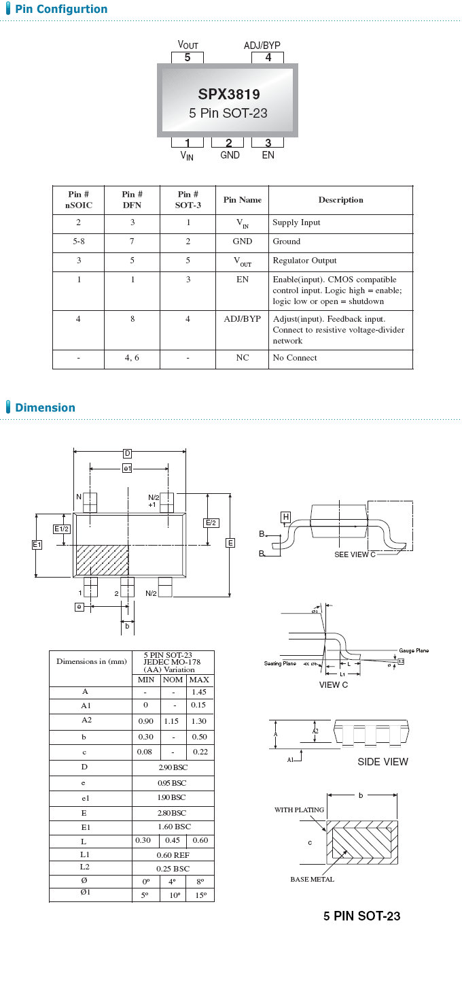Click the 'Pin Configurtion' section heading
[x=61, y=10]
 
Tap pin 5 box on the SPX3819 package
[x=188, y=58]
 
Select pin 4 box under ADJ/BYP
[x=268, y=58]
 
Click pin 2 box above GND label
[x=228, y=143]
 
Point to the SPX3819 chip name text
[x=228, y=95]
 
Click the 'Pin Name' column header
[x=242, y=200]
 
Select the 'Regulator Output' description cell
[x=304, y=261]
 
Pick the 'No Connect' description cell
[x=295, y=358]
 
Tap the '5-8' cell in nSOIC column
[x=78, y=242]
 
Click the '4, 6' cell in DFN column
[x=132, y=358]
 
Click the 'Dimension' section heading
[x=45, y=408]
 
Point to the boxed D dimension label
[x=127, y=454]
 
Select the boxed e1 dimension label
[x=127, y=468]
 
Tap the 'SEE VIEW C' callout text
[x=355, y=554]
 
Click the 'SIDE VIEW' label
[x=383, y=762]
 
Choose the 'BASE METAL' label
[x=312, y=879]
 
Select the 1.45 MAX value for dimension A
[x=200, y=692]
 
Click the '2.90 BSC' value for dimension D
[x=173, y=767]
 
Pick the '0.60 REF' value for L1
[x=173, y=855]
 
